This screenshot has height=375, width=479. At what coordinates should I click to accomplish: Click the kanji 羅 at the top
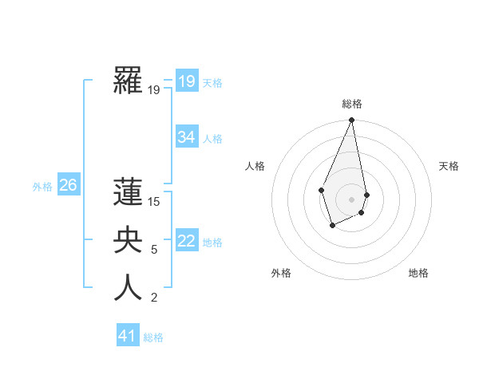tap(128, 81)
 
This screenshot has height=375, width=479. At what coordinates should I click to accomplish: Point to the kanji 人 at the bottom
tap(128, 288)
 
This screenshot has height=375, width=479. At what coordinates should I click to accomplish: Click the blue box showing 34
tap(186, 137)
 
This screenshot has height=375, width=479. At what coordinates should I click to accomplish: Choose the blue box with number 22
tap(186, 241)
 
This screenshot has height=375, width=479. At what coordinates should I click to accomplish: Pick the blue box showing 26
tap(68, 186)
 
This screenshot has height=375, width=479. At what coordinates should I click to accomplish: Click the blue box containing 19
tap(186, 81)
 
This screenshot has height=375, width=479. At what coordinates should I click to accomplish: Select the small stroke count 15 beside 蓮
tap(154, 202)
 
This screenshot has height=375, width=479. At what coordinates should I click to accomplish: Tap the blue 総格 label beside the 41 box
tap(153, 337)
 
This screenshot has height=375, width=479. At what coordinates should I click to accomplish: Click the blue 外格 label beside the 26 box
tap(42, 187)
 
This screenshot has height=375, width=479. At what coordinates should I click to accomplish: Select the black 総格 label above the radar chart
tap(352, 104)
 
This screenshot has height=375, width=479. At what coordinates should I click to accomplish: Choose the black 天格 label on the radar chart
tap(449, 166)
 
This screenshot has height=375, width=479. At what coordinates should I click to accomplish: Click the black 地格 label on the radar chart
tap(418, 273)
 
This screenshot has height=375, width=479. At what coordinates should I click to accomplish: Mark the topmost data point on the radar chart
tap(351, 120)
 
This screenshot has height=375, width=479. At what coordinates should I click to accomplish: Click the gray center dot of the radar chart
tap(351, 199)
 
